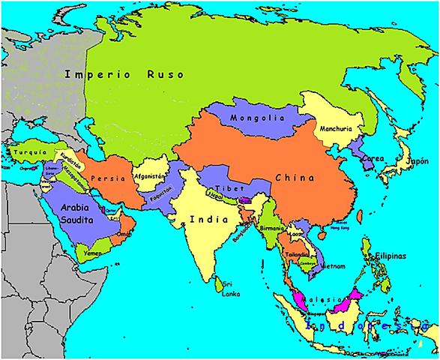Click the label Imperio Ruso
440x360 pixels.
click(x=130, y=74)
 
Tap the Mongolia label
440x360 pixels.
click(x=259, y=118)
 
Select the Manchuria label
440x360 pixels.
click(x=334, y=129)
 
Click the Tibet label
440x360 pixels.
click(x=226, y=187)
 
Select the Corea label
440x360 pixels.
click(x=373, y=160)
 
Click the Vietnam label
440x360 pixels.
click(x=332, y=266)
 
